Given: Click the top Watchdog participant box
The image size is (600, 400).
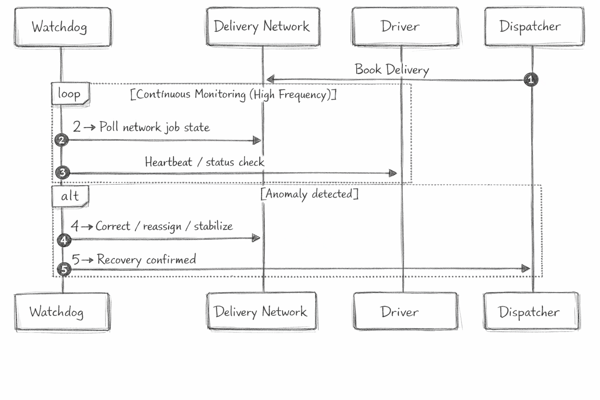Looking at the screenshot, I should pos(62,27).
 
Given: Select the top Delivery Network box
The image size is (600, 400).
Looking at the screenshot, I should pos(263,27).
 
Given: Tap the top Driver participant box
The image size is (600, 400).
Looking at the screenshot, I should pos(405,27).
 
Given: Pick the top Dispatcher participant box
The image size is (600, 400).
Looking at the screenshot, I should pos(534,27).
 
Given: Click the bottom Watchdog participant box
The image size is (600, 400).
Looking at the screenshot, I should pos(62,312).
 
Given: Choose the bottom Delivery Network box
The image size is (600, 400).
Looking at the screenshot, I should pos(262,311).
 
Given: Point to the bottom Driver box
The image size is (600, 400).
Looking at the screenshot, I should pos(405,311).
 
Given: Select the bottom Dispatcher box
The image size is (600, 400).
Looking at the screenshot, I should pos(531,311).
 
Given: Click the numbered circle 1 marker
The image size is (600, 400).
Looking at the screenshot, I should pos(530,80).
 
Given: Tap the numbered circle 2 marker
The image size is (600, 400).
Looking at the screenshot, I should pos(61,140).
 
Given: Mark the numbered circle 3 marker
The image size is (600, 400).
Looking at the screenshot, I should pos(62,172).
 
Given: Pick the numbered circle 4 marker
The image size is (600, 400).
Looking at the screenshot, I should pos(64,240).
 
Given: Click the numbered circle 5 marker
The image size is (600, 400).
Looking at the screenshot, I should pos(64,270).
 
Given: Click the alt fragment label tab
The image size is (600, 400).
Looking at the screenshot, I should pos(70,196).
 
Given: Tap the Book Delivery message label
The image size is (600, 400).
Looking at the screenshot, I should pos(392,70).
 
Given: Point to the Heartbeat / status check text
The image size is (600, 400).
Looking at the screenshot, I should pos(204,162).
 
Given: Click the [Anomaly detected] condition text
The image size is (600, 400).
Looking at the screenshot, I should pos(309,194).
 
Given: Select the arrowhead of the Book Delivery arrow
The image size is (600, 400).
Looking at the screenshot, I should pos(270,80).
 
